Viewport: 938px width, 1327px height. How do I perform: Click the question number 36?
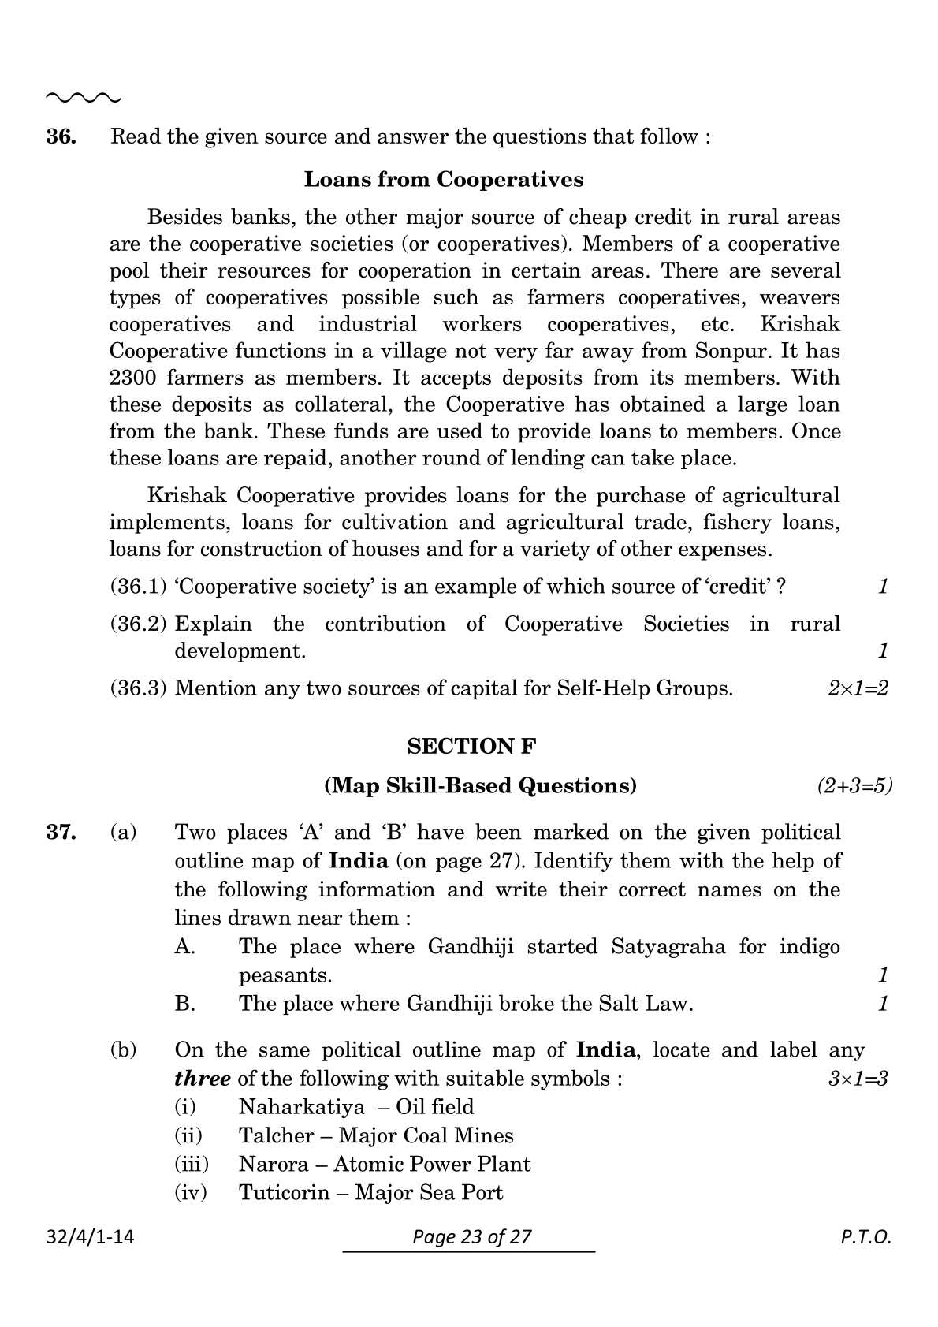(x=61, y=136)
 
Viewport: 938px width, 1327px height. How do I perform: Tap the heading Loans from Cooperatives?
(x=444, y=180)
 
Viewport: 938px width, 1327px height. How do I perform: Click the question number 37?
(x=61, y=832)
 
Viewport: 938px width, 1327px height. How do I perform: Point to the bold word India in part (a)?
(x=358, y=860)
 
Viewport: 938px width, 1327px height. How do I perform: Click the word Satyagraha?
(x=668, y=946)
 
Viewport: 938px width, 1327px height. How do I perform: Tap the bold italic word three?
(x=203, y=1078)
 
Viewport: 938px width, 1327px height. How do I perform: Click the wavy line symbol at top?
(x=84, y=98)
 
